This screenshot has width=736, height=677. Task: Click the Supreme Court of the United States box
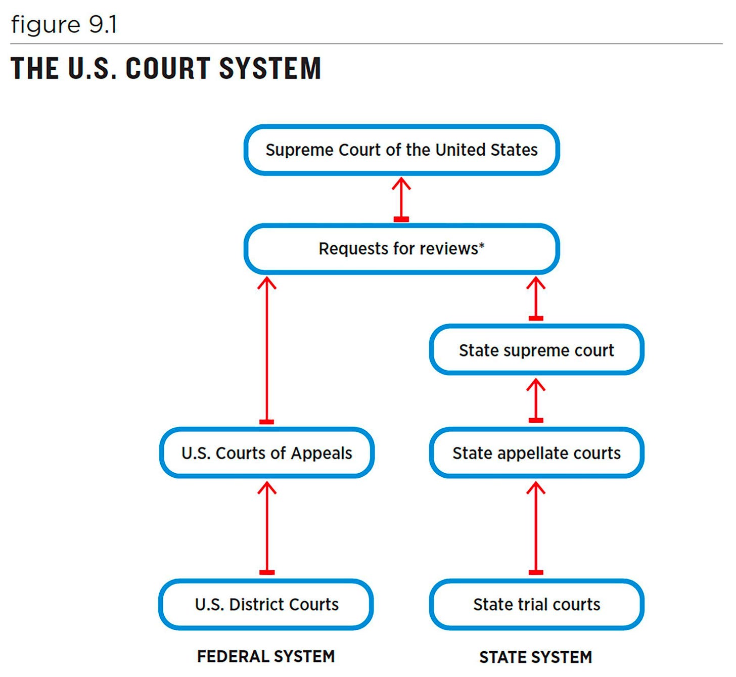401,150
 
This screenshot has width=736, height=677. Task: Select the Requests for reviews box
401,249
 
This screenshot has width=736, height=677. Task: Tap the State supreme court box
536,350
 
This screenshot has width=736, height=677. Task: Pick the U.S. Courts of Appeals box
267,453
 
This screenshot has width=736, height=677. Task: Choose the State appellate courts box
536,453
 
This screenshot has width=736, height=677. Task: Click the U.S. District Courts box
266,604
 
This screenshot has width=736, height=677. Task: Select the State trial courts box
536,604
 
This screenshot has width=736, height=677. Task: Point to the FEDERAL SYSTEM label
266,656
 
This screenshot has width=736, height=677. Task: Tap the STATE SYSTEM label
535,657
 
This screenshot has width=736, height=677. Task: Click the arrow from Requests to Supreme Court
401,199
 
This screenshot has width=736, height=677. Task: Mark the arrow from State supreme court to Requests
536,299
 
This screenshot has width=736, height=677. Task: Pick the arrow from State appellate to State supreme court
536,401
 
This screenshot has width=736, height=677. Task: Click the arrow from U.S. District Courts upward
267,528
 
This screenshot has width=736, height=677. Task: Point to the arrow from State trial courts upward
536,528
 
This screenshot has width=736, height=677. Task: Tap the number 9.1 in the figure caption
103,25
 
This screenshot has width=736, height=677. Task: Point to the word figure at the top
45,25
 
